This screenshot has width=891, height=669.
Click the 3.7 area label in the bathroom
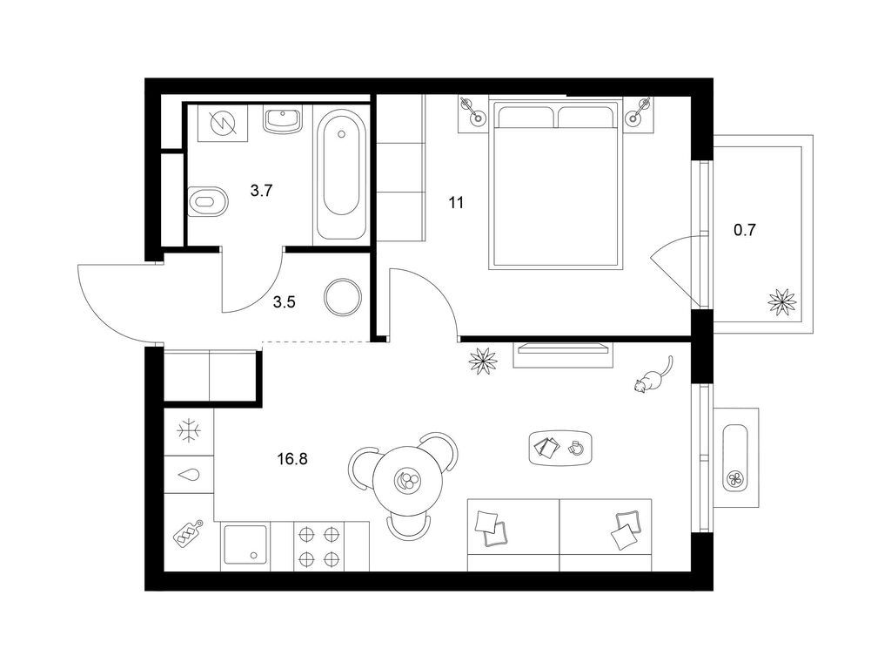[261, 191]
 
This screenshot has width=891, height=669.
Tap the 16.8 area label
[292, 458]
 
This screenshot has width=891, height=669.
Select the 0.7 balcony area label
[745, 230]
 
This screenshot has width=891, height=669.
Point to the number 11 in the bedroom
[456, 202]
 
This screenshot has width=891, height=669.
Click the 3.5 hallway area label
[285, 302]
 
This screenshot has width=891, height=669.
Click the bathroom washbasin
[283, 120]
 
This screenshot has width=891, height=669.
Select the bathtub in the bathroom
[340, 174]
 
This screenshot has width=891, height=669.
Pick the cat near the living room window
[653, 375]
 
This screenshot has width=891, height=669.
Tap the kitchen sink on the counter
[245, 544]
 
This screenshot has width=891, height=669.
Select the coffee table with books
[560, 447]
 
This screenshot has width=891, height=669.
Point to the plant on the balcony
[782, 301]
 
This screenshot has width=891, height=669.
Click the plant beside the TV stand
[483, 361]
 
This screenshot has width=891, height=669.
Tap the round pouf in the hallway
[343, 297]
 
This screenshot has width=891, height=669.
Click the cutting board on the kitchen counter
[189, 534]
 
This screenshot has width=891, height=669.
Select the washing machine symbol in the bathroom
[222, 123]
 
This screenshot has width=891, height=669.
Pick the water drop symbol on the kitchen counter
[189, 475]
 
